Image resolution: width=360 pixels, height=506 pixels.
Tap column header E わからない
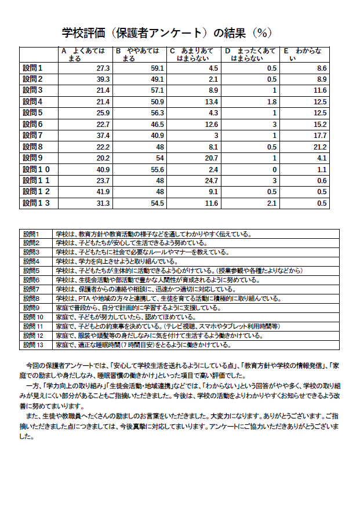click(x=305, y=55)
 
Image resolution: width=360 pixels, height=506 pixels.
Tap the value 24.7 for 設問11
click(x=211, y=181)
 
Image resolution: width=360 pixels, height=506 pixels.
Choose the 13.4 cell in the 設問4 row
click(x=211, y=102)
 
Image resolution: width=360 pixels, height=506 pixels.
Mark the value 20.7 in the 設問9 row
click(x=211, y=158)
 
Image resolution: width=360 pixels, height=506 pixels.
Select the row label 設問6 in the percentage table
click(x=33, y=125)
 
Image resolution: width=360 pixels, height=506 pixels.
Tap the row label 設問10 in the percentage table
click(x=37, y=170)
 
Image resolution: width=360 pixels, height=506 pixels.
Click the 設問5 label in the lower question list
click(x=31, y=271)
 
